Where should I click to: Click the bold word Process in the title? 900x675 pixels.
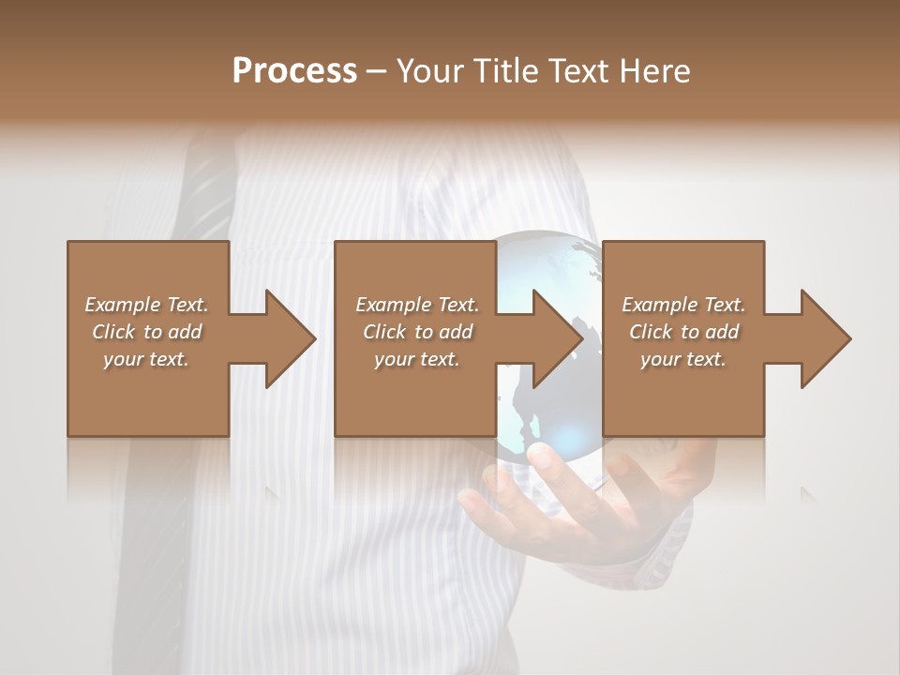(x=294, y=70)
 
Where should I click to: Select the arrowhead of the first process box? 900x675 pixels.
(x=286, y=338)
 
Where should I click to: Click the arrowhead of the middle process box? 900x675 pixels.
(x=554, y=338)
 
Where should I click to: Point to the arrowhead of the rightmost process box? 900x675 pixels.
(x=822, y=338)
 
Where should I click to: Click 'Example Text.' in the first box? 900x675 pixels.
(x=146, y=305)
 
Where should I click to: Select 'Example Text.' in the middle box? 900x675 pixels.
(x=416, y=305)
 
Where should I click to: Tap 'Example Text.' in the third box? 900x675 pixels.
(x=683, y=305)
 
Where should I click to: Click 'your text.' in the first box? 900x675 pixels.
(x=146, y=359)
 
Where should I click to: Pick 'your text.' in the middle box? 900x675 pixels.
(x=416, y=359)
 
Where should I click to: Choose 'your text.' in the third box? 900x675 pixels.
(x=683, y=359)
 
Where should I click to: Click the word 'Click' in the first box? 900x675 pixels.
(x=113, y=332)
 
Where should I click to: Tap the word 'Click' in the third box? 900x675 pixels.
(x=651, y=332)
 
